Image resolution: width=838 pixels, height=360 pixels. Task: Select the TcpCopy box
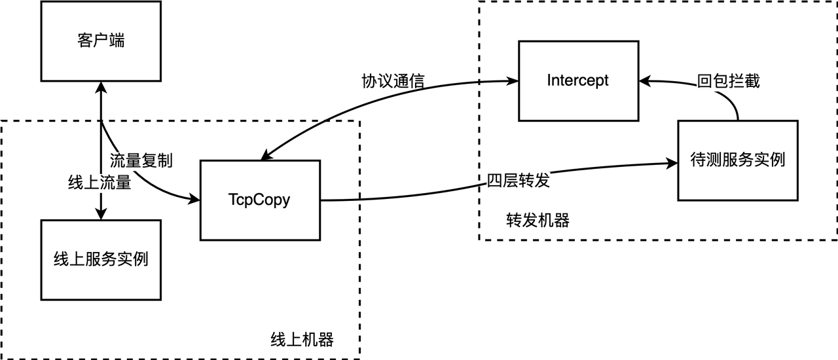(x=261, y=200)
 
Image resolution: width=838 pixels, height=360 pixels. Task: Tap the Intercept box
(x=578, y=81)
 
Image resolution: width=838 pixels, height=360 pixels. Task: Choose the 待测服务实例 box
(x=738, y=160)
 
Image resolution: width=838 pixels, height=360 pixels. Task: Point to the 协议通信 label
(x=393, y=81)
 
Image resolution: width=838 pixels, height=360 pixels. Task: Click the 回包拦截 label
(x=727, y=81)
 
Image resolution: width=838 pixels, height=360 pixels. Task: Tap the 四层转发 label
(x=517, y=181)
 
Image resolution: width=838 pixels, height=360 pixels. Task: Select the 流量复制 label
(x=140, y=160)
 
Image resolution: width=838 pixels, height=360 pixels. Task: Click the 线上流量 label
(x=100, y=183)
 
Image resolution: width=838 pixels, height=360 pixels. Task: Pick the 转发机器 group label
(x=537, y=221)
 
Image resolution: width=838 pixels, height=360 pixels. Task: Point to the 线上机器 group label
(x=302, y=340)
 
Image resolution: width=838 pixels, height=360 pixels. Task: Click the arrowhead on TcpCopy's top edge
(x=264, y=156)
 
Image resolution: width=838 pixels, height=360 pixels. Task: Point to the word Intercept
(x=578, y=81)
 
